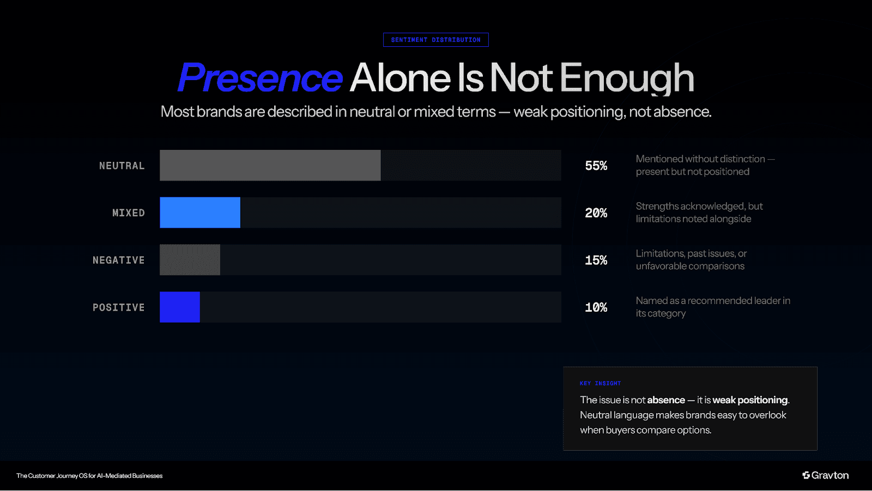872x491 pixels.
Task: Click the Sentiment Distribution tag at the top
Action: [435, 40]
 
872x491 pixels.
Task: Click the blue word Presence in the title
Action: [260, 78]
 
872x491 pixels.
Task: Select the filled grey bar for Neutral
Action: [270, 165]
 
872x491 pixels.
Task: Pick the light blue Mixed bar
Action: [199, 213]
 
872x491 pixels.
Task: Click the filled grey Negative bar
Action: [190, 260]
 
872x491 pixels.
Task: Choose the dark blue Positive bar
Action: [179, 307]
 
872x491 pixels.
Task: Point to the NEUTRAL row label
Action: [122, 166]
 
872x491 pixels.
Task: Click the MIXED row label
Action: [128, 213]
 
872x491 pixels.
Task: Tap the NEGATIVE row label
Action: [118, 260]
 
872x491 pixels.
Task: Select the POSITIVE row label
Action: [118, 307]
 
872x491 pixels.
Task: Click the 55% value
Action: [596, 166]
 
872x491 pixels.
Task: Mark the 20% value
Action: [596, 213]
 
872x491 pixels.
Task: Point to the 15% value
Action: [596, 260]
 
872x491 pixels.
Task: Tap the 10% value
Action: [596, 307]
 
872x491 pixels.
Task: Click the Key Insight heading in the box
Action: [600, 383]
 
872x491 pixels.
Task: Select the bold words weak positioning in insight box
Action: [750, 400]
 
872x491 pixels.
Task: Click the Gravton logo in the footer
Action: [825, 475]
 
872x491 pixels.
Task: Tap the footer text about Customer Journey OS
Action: [89, 476]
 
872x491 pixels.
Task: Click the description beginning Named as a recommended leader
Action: [712, 307]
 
